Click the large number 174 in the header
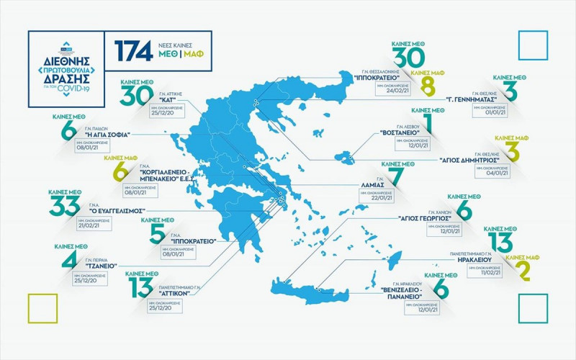coord(132,50)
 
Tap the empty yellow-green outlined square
coord(42,307)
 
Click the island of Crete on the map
coord(317,289)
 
